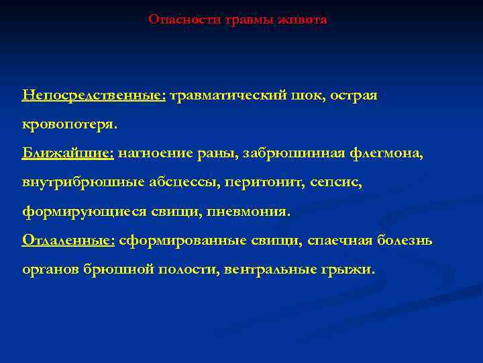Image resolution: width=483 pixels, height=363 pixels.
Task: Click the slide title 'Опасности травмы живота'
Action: pyautogui.click(x=237, y=19)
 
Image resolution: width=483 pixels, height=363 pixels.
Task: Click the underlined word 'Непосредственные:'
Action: pyautogui.click(x=94, y=95)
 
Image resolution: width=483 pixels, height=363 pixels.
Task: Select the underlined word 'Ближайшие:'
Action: pyautogui.click(x=68, y=153)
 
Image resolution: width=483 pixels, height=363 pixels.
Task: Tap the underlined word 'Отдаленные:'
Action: pyautogui.click(x=69, y=240)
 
